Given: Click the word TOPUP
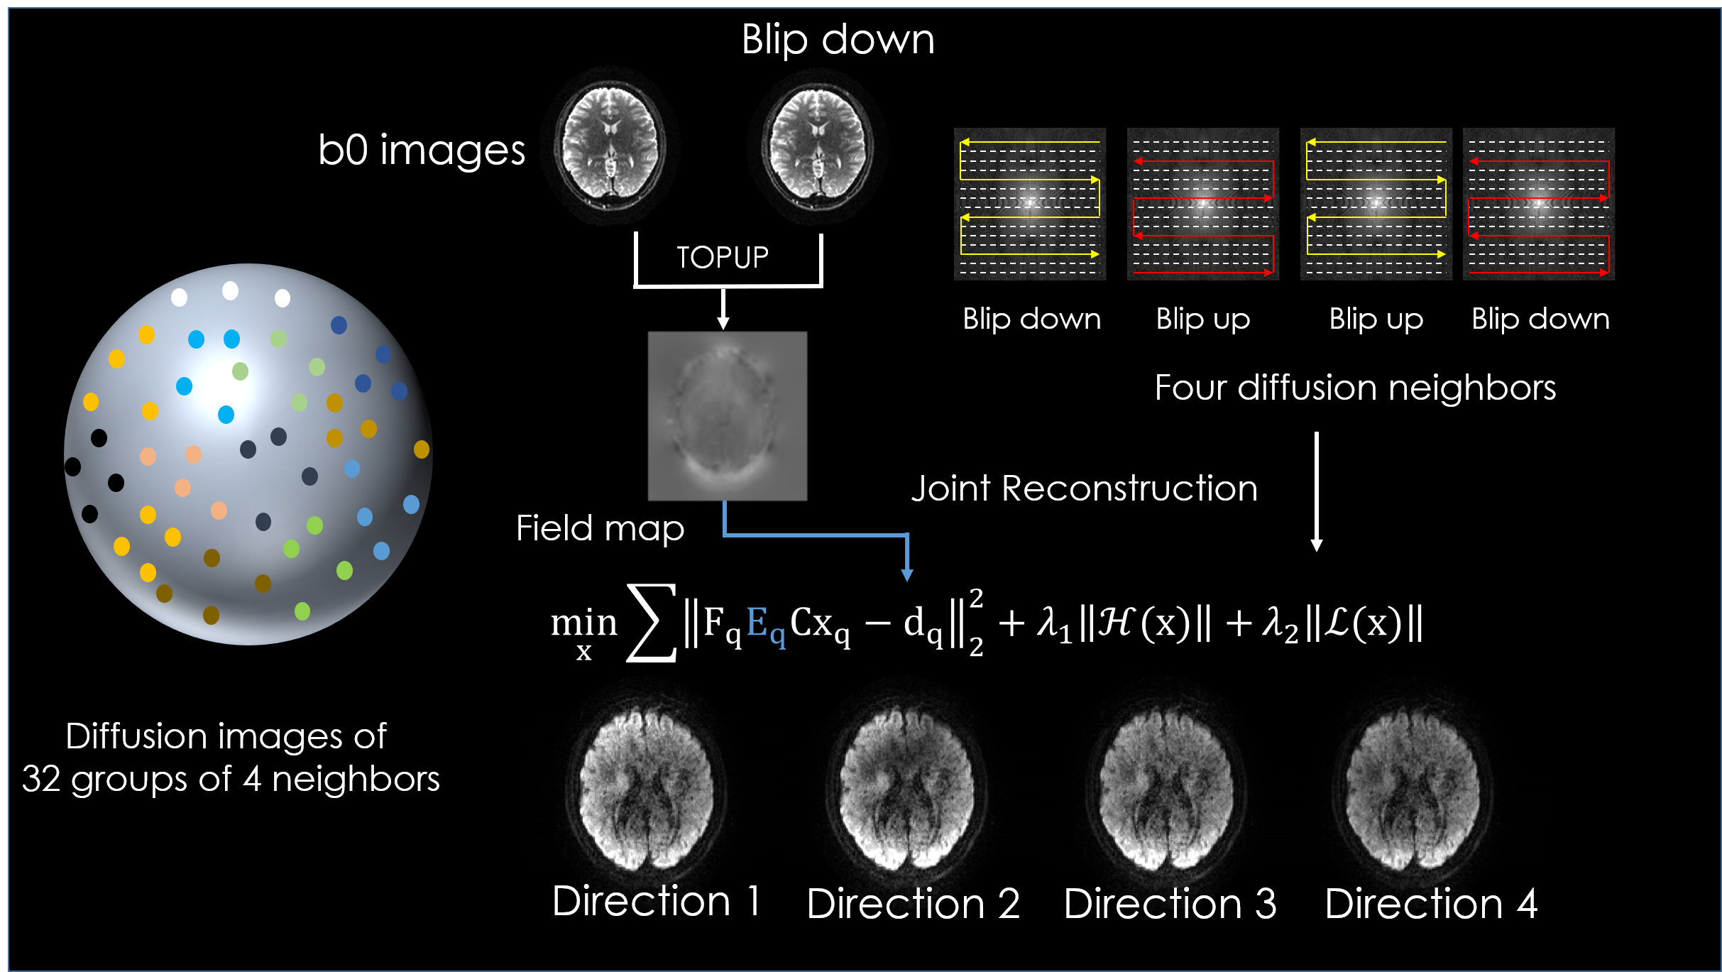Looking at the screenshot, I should (x=722, y=257).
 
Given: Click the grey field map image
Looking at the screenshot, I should (x=727, y=416).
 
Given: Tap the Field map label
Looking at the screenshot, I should (x=600, y=528).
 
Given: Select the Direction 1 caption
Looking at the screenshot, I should (x=656, y=901).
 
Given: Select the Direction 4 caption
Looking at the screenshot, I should (x=1430, y=904).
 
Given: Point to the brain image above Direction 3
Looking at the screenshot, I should (x=1166, y=788).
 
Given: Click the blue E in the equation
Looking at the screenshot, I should (x=758, y=623).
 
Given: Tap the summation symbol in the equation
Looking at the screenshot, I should (x=651, y=623).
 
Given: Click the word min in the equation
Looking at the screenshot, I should (x=583, y=623).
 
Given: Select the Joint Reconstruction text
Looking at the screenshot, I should (x=1084, y=488).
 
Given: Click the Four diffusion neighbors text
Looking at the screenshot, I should (x=1354, y=388).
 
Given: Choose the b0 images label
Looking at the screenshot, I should (x=421, y=150).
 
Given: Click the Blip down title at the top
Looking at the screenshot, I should (x=838, y=39).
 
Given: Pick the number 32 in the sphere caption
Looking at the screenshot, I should (x=40, y=779).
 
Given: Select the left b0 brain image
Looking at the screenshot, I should (x=610, y=146).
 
